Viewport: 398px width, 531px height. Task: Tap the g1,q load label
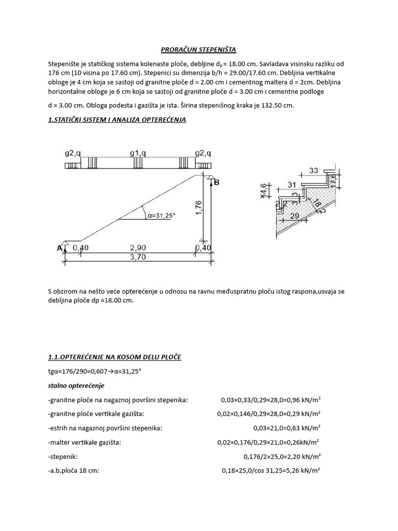pyautogui.click(x=137, y=153)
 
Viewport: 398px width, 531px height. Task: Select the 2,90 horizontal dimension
pyautogui.click(x=137, y=248)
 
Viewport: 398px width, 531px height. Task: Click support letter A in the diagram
pyautogui.click(x=59, y=248)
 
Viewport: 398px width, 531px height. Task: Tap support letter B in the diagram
pyautogui.click(x=217, y=182)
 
